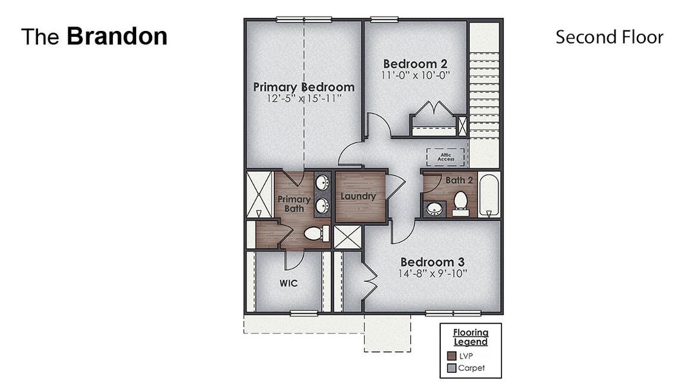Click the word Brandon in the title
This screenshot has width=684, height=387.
(x=117, y=37)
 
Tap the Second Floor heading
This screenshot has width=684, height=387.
(x=609, y=37)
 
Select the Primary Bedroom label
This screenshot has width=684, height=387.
(x=303, y=87)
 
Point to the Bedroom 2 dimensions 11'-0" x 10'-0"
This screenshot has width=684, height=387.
(x=415, y=75)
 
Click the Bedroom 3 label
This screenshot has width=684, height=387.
(x=432, y=263)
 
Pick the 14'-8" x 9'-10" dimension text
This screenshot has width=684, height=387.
(x=432, y=274)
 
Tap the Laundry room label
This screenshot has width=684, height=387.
(x=358, y=196)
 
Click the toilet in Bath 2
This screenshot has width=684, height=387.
(x=461, y=202)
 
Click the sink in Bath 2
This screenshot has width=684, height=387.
(x=434, y=209)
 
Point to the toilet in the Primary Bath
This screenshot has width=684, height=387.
(x=315, y=233)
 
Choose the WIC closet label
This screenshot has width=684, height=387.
(x=288, y=283)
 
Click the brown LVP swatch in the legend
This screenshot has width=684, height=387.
(x=452, y=355)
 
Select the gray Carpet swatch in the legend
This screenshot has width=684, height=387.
(x=452, y=368)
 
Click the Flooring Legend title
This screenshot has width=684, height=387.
(x=470, y=337)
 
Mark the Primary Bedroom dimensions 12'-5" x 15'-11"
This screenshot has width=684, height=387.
(x=303, y=99)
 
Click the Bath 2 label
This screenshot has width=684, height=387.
(x=459, y=180)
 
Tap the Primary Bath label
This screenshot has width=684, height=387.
(x=294, y=204)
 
